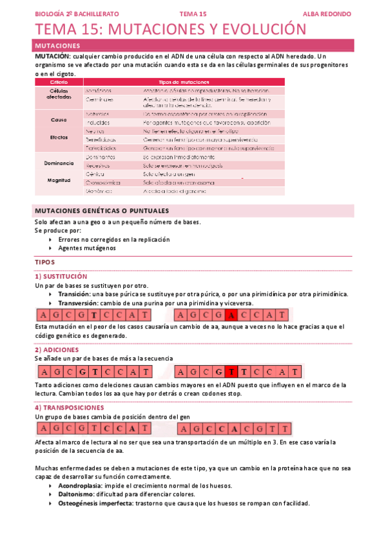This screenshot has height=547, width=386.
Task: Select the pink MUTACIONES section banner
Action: pyautogui.click(x=193, y=46)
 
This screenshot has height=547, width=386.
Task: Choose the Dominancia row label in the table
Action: pyautogui.click(x=59, y=164)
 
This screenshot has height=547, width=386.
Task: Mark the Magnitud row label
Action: pyautogui.click(x=59, y=180)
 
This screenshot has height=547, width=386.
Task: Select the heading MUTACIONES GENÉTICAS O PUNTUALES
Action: pyautogui.click(x=102, y=211)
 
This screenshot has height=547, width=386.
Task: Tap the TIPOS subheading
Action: pyautogui.click(x=45, y=263)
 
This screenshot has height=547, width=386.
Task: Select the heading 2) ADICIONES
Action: pyautogui.click(x=57, y=350)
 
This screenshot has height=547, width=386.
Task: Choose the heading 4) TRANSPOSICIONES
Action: pyautogui.click(x=73, y=408)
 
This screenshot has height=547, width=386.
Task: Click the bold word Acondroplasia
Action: pyautogui.click(x=80, y=485)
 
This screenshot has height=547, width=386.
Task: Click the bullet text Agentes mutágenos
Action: pyautogui.click(x=87, y=248)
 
